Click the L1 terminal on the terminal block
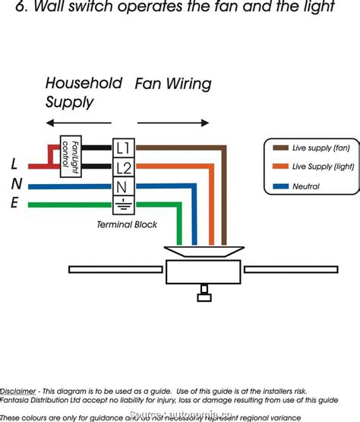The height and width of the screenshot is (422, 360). (x=122, y=147)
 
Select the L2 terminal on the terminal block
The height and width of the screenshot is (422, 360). (x=122, y=167)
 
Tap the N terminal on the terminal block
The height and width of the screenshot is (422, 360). (x=122, y=186)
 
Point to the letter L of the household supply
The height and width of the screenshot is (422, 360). (x=14, y=163)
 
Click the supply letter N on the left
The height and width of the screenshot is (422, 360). (x=16, y=184)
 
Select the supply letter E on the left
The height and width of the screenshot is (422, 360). (x=15, y=203)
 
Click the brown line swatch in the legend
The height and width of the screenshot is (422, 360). (x=278, y=147)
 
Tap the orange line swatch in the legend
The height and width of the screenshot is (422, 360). (x=278, y=167)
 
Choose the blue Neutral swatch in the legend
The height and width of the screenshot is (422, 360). (x=278, y=186)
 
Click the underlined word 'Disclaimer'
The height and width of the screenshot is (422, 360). (x=20, y=389)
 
